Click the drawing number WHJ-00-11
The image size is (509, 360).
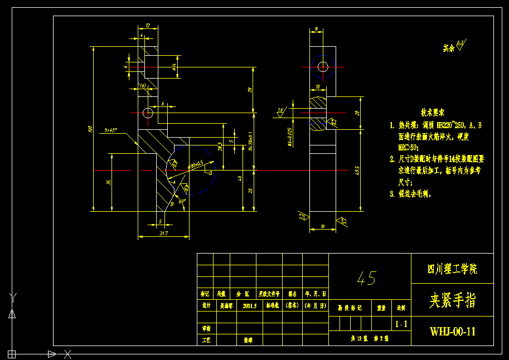[x=453, y=332]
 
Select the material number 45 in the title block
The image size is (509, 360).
[x=367, y=278]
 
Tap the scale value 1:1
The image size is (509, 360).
[x=400, y=324]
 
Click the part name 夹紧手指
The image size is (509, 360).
[x=452, y=301]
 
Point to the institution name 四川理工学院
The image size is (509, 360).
[x=452, y=269]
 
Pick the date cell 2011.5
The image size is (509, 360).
[x=249, y=306]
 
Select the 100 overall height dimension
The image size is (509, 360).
[x=90, y=129]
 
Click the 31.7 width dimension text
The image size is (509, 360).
[x=163, y=233]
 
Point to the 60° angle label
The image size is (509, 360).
[x=182, y=202]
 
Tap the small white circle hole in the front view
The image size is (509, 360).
[x=148, y=113]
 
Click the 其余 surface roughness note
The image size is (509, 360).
[x=449, y=48]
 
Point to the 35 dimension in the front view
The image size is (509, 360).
[x=109, y=182]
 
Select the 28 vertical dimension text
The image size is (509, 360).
[x=250, y=89]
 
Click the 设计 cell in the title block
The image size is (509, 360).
[x=206, y=306]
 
